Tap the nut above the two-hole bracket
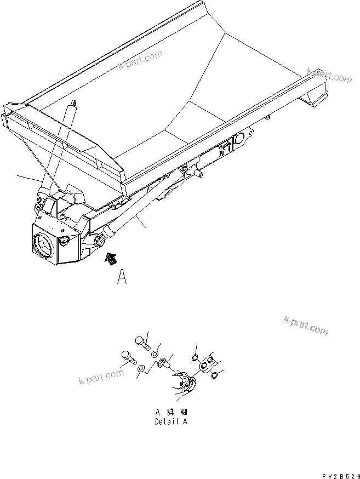tap(195, 358)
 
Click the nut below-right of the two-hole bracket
tap(214, 375)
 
